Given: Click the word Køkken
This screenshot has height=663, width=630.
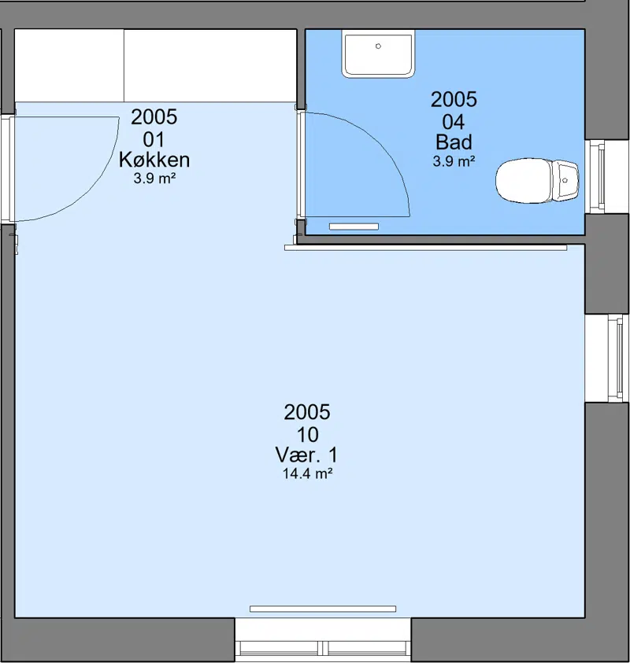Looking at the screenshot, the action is pos(154,160).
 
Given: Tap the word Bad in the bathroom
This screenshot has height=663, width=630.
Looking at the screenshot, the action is pos(454,142).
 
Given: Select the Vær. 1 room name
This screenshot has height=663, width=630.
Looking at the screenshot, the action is pos(307,455).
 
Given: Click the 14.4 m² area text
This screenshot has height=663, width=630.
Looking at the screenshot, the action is pos(307,473).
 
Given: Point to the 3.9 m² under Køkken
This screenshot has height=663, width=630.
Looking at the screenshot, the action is pos(154,179).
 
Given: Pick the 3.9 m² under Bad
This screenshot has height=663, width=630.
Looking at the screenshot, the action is pos(454,161).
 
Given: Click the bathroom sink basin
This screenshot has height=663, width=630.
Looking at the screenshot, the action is pos(378,53).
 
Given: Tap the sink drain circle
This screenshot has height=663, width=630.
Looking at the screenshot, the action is pos(379,46).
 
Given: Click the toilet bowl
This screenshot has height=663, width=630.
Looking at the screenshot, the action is pos(524,181).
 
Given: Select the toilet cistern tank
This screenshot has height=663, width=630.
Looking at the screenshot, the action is pos(565,180).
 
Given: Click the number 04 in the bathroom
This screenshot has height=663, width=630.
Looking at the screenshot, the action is pos(454,122).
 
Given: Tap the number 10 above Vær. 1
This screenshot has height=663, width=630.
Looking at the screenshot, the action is pos(307,434).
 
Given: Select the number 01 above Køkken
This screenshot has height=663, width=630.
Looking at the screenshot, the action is pos(154,139).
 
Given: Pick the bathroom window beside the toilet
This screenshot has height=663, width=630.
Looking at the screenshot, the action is pos(600,176).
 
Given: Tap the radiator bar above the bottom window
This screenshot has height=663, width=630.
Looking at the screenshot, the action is pos(323,609).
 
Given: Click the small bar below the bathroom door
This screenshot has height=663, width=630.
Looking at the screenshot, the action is pos(354,227).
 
